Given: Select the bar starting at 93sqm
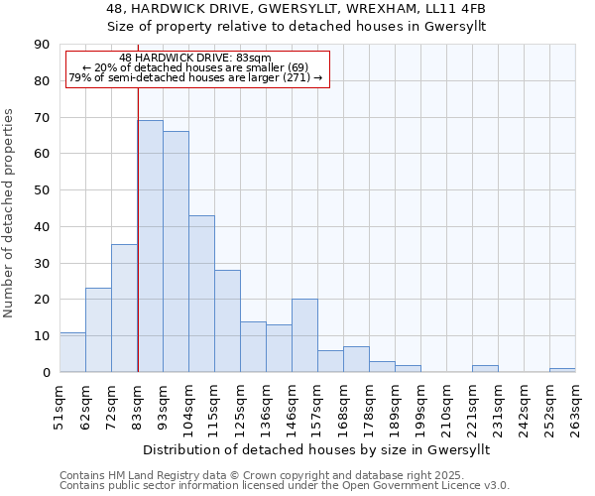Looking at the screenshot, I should click(176, 252).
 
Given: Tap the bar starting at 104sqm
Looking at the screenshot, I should click(201, 294).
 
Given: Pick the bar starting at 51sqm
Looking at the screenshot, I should click(72, 352).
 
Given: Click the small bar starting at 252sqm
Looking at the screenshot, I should click(562, 370).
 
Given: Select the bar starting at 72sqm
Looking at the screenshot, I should click(124, 309).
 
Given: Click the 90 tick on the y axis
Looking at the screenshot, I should click(41, 45).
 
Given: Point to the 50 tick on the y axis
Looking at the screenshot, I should click(41, 190).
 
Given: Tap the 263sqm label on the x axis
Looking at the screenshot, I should click(575, 406).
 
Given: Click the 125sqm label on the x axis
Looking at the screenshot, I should click(240, 406).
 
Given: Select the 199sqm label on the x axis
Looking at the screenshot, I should click(420, 406).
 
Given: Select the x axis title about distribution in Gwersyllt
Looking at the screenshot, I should click(323, 449).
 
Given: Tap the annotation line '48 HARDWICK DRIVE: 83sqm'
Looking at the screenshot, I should click(194, 59).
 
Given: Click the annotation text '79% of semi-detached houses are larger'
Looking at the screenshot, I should click(188, 77).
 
